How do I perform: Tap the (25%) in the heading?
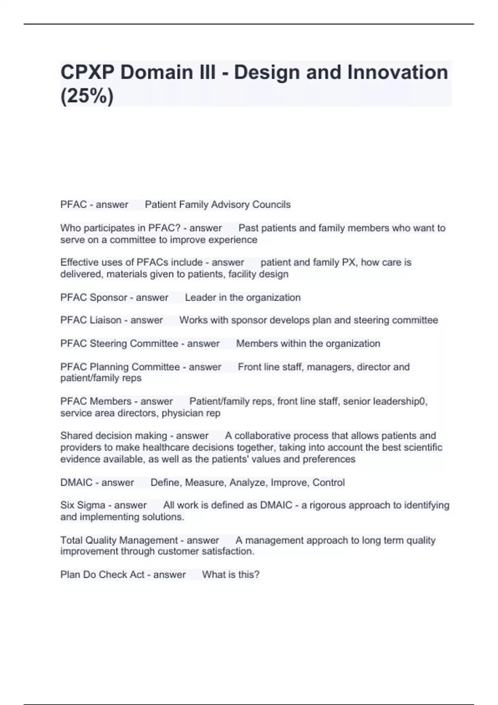(x=87, y=97)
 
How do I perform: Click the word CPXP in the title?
(x=88, y=73)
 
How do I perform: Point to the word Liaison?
(x=105, y=320)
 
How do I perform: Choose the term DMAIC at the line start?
(x=76, y=482)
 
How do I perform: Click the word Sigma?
(x=91, y=505)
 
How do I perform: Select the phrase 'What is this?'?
(x=231, y=574)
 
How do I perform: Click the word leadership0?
(x=400, y=401)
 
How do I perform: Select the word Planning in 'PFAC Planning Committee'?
(x=109, y=367)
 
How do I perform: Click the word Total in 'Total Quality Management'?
(x=71, y=540)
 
